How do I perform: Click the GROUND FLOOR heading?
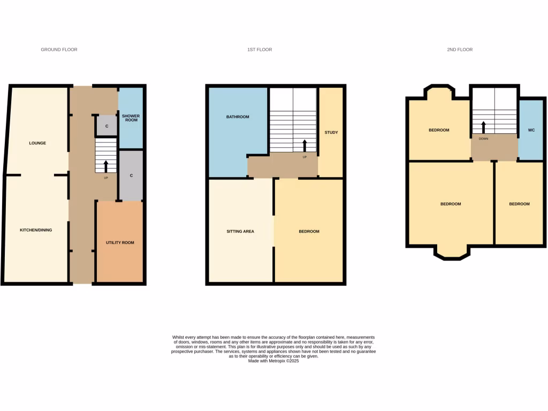[59, 50]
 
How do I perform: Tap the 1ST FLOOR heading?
[260, 50]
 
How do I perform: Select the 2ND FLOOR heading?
[460, 50]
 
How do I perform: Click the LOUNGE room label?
[37, 143]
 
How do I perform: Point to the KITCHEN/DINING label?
[36, 230]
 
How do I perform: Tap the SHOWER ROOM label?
[130, 118]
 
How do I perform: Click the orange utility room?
[119, 242]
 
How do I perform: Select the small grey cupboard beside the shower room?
[106, 126]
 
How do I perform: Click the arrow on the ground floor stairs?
[105, 165]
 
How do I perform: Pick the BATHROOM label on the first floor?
[238, 117]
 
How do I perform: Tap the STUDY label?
[331, 132]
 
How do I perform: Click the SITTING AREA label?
[240, 232]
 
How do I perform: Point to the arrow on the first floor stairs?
[305, 146]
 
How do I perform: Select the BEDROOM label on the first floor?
[309, 232]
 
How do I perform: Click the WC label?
[531, 130]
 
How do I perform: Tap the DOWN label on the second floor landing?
[483, 138]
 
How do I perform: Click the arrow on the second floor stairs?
[483, 127]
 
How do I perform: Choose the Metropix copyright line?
[273, 361]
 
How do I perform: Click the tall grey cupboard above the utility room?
[131, 176]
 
